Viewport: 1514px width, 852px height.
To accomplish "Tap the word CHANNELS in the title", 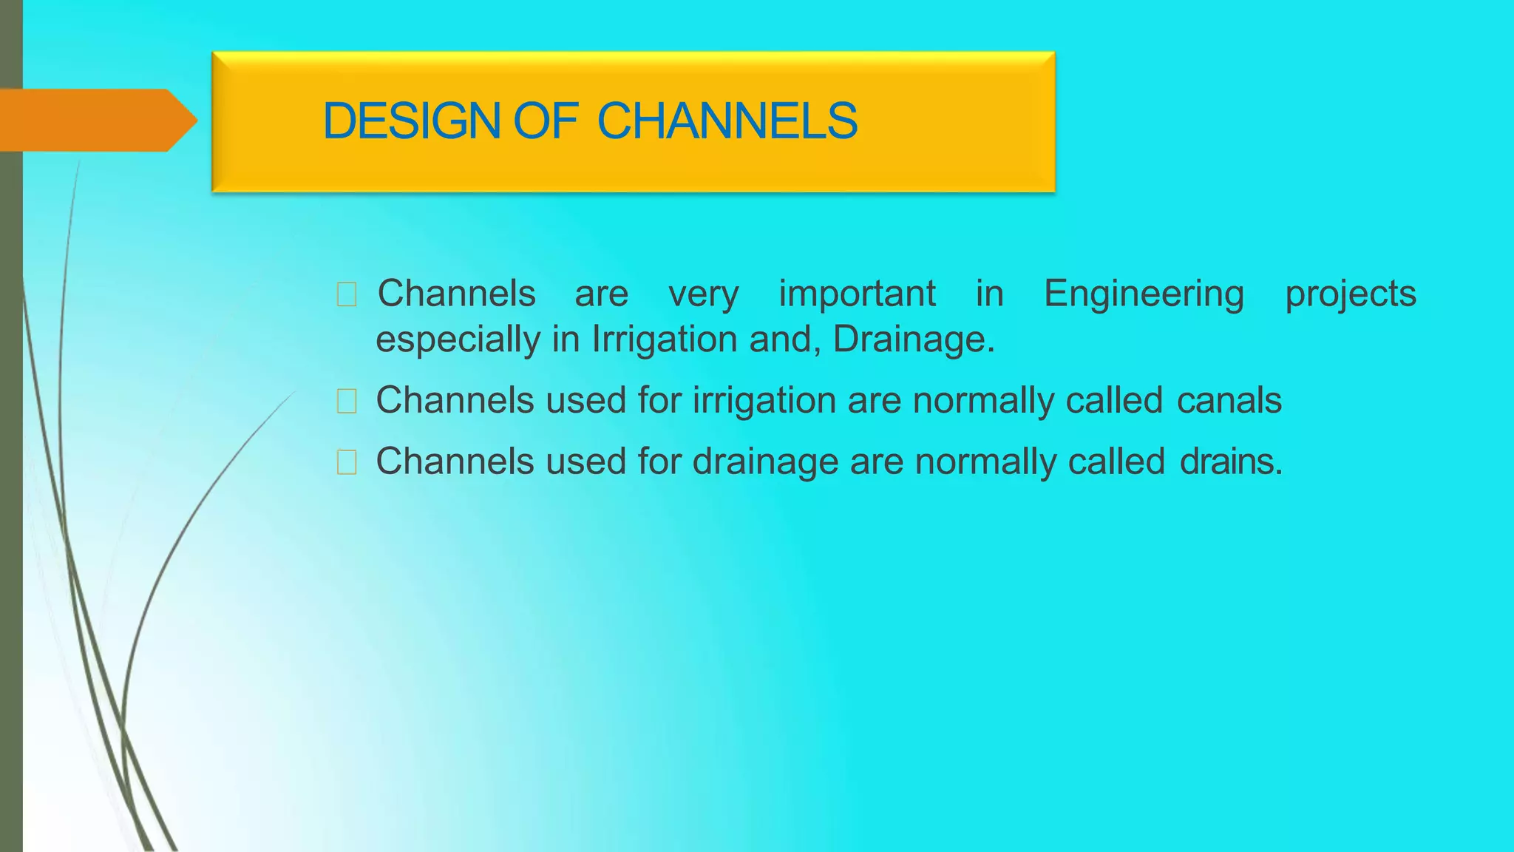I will [727, 121].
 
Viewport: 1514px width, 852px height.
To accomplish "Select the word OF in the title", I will [545, 121].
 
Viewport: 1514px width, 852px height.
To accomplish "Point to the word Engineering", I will [1144, 294].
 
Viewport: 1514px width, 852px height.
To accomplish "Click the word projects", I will [1350, 294].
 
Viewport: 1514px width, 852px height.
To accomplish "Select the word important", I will [857, 294].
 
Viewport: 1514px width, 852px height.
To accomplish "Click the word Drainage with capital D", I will [913, 339].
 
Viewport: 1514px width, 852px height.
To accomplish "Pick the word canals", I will [1229, 400].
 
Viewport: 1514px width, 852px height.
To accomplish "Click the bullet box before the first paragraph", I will [346, 294].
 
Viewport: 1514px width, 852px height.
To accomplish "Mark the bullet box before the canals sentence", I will [346, 401].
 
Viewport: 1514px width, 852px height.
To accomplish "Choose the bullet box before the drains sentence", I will [346, 462].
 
